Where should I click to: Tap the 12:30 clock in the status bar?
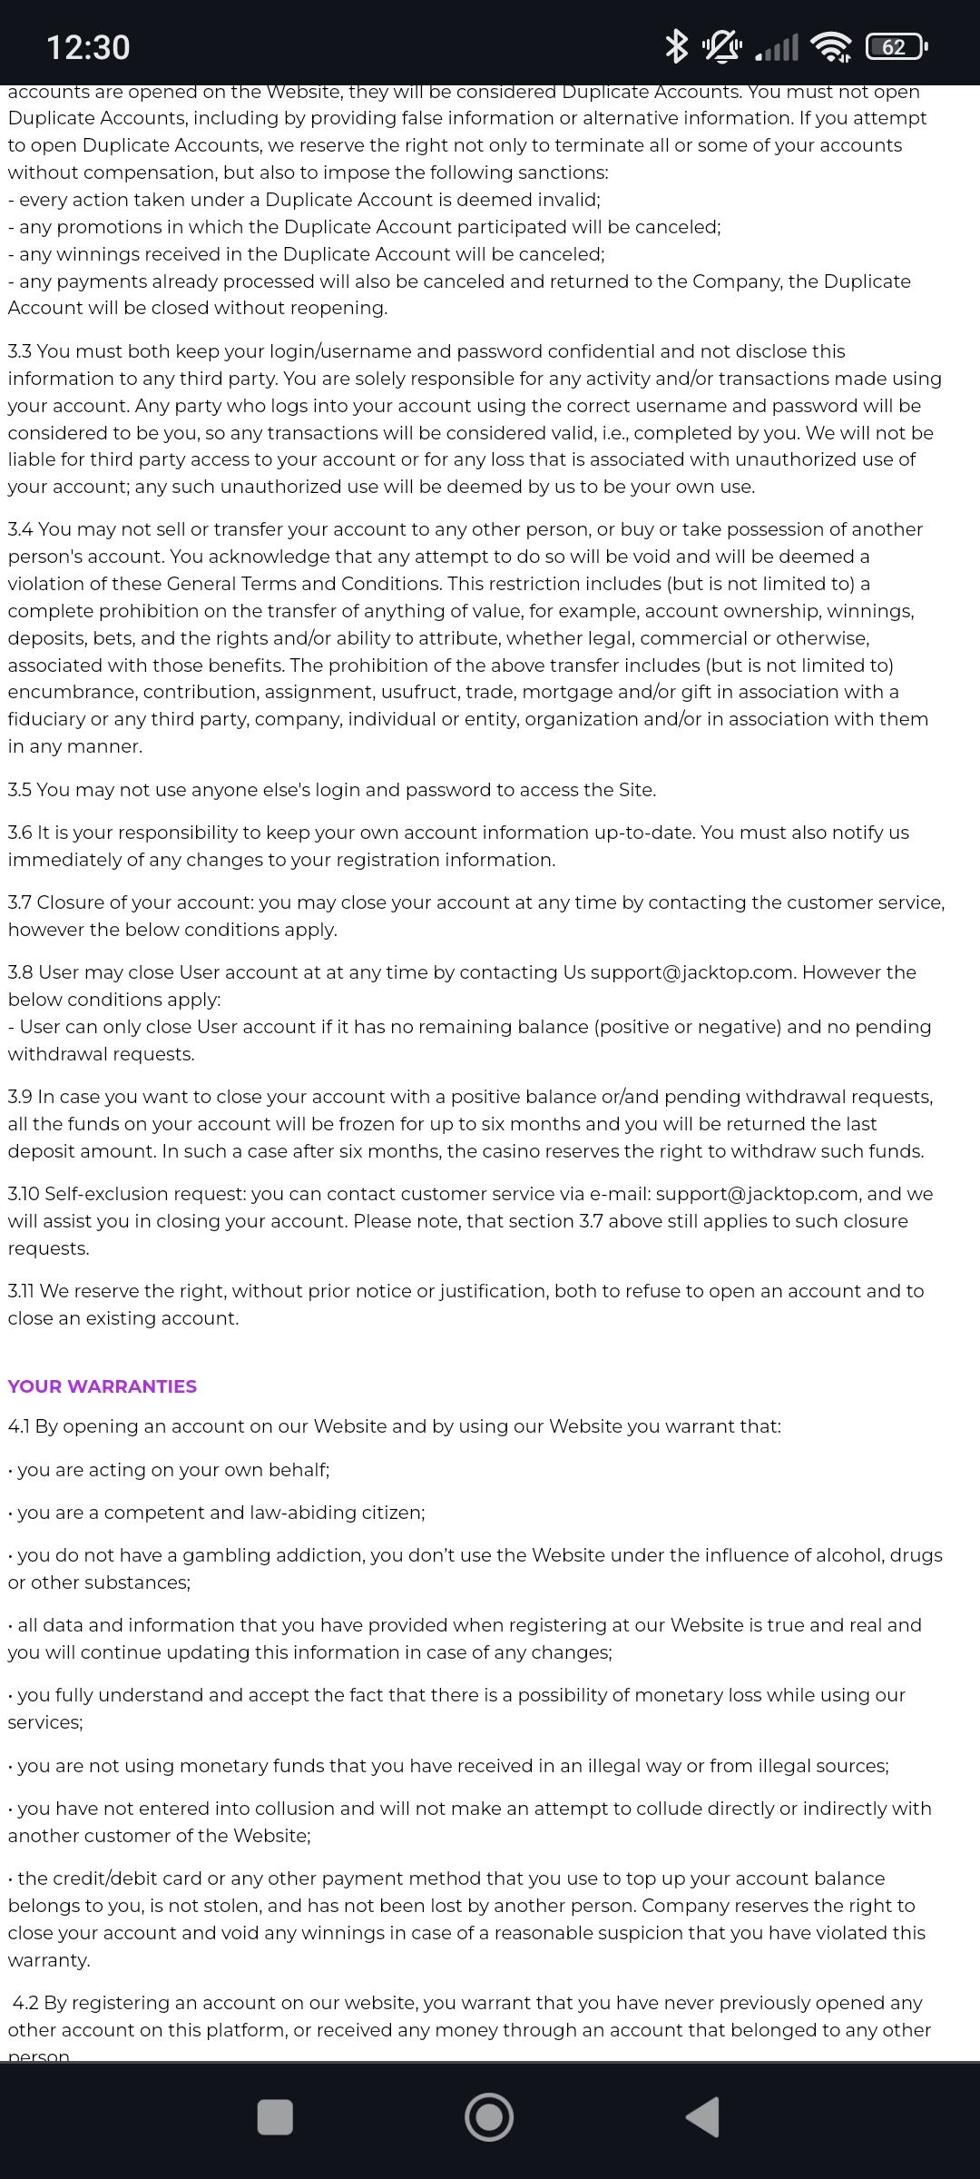[x=88, y=47]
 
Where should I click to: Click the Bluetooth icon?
[x=676, y=46]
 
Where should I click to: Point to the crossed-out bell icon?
[x=721, y=46]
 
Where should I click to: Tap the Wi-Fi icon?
[x=831, y=46]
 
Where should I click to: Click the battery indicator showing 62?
[x=896, y=46]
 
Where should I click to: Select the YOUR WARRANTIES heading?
[x=103, y=1386]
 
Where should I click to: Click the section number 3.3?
[x=20, y=351]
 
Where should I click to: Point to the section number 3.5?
[x=20, y=790]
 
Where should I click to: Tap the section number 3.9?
[x=20, y=1097]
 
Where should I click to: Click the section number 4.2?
[x=26, y=2003]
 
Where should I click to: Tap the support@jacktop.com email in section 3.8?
[x=692, y=972]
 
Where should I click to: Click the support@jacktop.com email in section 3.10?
[x=757, y=1194]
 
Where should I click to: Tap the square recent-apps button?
[x=275, y=2117]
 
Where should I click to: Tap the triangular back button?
[x=703, y=2117]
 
